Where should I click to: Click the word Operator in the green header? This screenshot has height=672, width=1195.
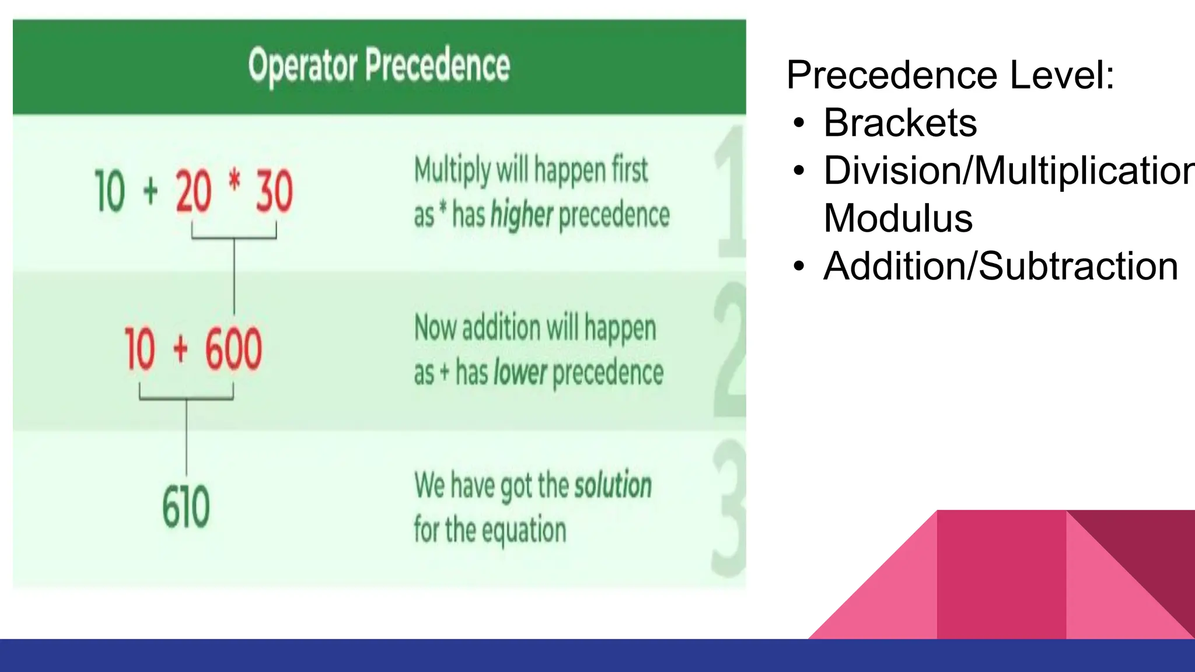pyautogui.click(x=302, y=66)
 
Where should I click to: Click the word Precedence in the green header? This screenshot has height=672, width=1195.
pyautogui.click(x=438, y=65)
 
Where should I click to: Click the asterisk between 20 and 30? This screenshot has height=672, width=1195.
pyautogui.click(x=235, y=181)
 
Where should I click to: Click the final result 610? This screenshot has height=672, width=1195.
pyautogui.click(x=186, y=508)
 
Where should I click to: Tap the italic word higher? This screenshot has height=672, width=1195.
pyautogui.click(x=521, y=215)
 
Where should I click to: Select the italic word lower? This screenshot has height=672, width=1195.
pyautogui.click(x=520, y=373)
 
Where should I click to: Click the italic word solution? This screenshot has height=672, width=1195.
pyautogui.click(x=613, y=485)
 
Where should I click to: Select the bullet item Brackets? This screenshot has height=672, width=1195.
pyautogui.click(x=900, y=123)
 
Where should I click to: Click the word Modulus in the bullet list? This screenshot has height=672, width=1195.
pyautogui.click(x=898, y=219)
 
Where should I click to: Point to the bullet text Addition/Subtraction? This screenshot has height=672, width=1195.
pyautogui.click(x=1000, y=267)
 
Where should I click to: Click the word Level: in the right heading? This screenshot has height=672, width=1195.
pyautogui.click(x=1062, y=75)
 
